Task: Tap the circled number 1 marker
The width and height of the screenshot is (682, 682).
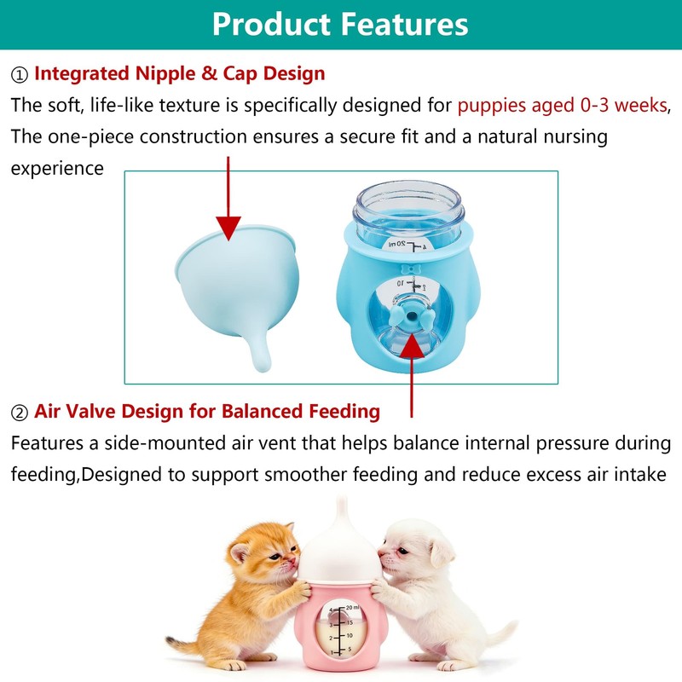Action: pos(20,75)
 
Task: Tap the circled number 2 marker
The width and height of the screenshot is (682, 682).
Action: pos(20,413)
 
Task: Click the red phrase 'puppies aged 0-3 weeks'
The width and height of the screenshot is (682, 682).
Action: pos(561,106)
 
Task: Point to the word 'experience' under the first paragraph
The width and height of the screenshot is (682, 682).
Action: pos(56,168)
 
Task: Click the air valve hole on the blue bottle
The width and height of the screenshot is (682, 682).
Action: pos(413,317)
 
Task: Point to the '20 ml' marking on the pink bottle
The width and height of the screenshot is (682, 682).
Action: pos(351,607)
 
